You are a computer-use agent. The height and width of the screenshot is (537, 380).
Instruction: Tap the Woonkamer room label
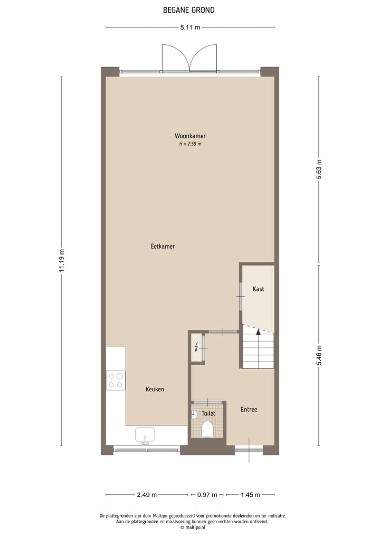[x=189, y=136]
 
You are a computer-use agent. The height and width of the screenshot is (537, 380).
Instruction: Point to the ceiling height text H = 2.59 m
[x=189, y=144]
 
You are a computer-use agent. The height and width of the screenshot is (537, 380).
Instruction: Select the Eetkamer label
[x=163, y=246]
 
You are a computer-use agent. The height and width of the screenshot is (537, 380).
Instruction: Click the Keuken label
[x=155, y=389]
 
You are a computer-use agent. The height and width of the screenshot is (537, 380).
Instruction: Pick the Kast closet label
[x=258, y=289]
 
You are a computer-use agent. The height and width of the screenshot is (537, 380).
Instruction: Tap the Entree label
[x=249, y=409]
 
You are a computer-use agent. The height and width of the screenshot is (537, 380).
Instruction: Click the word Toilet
[x=208, y=413]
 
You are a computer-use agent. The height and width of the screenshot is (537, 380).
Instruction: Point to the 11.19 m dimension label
[x=62, y=261]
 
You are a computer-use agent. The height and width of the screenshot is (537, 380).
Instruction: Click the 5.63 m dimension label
[x=319, y=169]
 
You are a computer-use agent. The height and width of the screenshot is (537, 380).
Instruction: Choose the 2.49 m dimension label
[x=146, y=495]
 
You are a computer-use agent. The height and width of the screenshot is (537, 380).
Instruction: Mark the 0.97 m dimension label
[x=207, y=495]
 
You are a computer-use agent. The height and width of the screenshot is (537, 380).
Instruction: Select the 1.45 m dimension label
[x=250, y=495]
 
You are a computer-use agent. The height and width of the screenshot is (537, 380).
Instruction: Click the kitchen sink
[x=145, y=436]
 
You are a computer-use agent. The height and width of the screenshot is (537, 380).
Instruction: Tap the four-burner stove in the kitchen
[x=116, y=380]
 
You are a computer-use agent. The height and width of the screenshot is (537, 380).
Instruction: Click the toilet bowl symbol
[x=207, y=429]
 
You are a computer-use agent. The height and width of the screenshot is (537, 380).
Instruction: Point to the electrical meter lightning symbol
[x=197, y=346]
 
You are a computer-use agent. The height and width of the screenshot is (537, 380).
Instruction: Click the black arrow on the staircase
[x=258, y=332]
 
